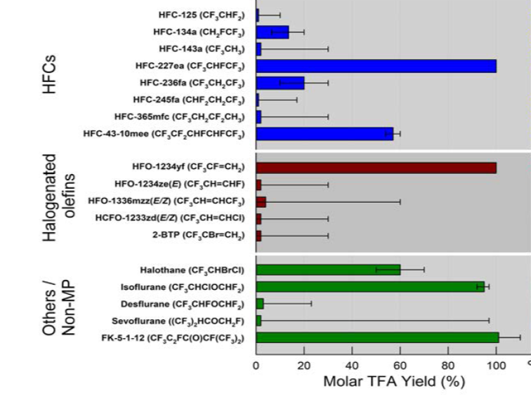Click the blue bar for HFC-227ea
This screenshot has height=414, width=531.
pos(376,66)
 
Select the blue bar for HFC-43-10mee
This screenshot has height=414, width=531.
pos(324,133)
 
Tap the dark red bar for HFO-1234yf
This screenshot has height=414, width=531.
pos(376,168)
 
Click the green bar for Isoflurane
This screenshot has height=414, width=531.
pos(370,286)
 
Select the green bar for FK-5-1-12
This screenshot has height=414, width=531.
pos(377,338)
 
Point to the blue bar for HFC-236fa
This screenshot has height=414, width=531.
pos(280,83)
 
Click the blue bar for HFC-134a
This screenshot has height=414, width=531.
pos(273,32)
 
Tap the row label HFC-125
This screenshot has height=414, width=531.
pos(202,15)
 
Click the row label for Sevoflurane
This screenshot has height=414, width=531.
pos(188,321)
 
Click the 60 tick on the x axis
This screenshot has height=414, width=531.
pos(400,365)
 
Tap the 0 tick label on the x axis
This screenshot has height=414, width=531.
pos(256,365)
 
